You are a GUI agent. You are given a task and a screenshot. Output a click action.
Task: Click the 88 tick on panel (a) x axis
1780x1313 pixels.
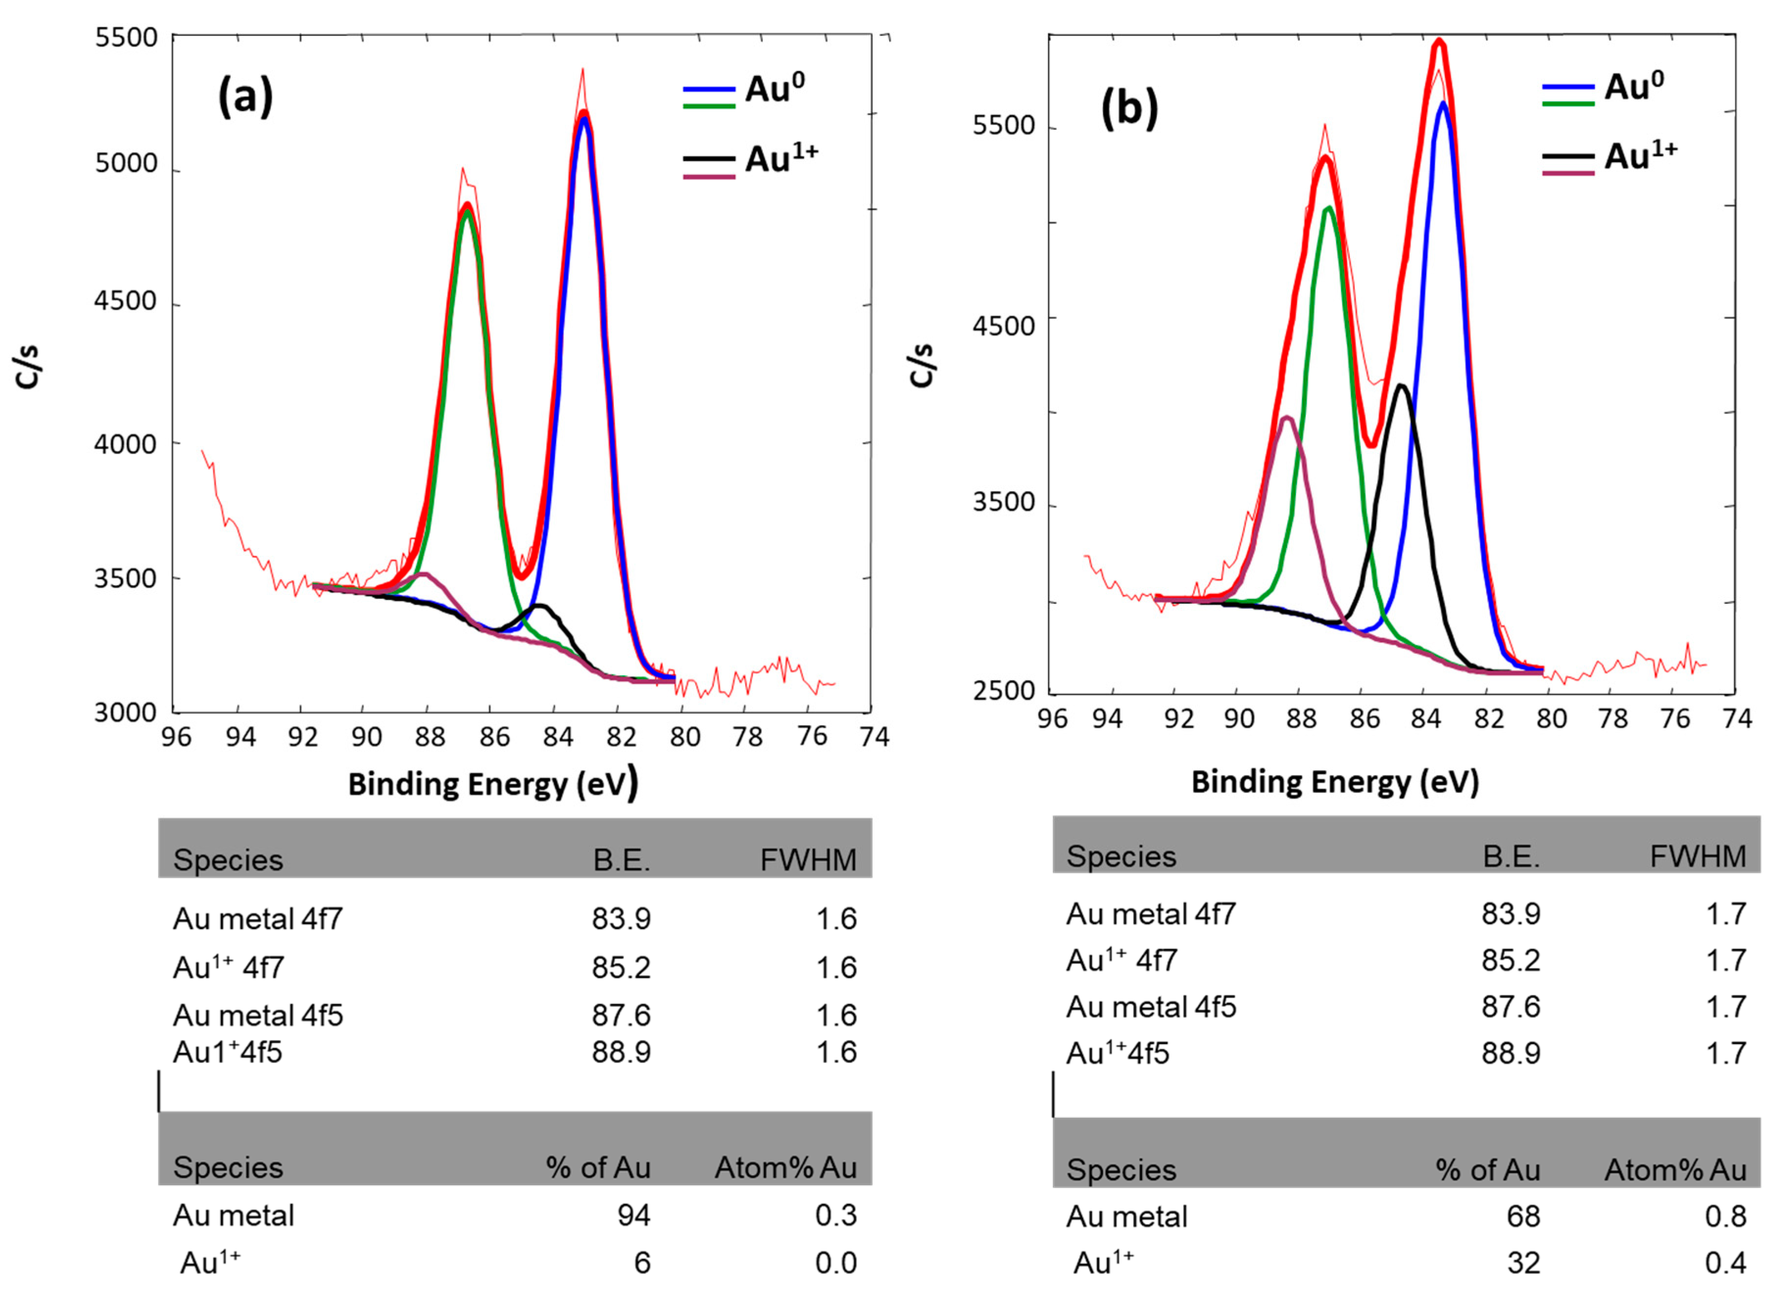click(429, 737)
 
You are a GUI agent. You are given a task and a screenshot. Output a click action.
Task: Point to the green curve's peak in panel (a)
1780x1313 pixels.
click(467, 211)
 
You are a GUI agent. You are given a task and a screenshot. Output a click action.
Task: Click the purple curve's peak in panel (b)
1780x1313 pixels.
click(1287, 417)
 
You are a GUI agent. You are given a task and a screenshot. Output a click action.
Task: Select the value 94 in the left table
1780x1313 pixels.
click(634, 1215)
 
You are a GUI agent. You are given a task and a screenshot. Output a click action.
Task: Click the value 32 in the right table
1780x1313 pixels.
click(1523, 1263)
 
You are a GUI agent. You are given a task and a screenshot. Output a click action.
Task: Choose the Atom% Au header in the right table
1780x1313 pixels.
click(1675, 1170)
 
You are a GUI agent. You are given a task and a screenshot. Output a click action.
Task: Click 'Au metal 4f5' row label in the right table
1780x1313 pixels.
click(1150, 1007)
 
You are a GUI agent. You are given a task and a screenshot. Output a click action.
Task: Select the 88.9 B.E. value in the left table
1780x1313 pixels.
click(621, 1052)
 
